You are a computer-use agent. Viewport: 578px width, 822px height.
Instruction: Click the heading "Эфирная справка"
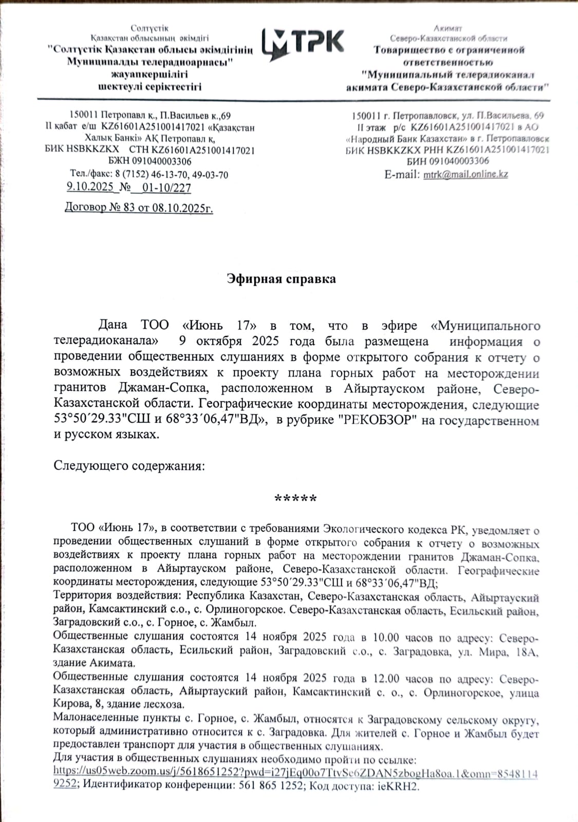click(x=282, y=279)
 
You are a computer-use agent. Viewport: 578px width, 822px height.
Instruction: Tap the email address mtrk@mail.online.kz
click(x=465, y=174)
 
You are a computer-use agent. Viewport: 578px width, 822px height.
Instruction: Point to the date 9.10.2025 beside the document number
click(x=90, y=186)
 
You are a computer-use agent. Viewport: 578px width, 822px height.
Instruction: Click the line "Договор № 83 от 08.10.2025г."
click(x=139, y=208)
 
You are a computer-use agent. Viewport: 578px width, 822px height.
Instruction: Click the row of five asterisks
click(x=295, y=498)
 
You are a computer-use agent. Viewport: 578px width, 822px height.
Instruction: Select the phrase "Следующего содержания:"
click(x=129, y=466)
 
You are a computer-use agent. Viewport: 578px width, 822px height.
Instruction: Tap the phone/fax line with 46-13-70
click(x=149, y=175)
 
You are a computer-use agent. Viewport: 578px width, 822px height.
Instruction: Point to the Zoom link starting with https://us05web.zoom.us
click(x=295, y=773)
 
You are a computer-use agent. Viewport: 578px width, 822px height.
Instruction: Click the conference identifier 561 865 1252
click(x=271, y=786)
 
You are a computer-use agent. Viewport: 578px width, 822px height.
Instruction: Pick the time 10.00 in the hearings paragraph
click(x=385, y=637)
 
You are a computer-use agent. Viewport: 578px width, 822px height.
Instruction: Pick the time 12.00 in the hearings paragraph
click(x=385, y=679)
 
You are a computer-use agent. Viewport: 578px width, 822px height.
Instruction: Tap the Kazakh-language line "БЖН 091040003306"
click(x=150, y=162)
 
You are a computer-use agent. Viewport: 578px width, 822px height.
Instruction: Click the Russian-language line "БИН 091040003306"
click(x=448, y=161)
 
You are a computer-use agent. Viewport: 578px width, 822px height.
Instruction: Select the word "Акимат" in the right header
click(x=448, y=28)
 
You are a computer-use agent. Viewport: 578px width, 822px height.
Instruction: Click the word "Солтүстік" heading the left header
click(x=150, y=28)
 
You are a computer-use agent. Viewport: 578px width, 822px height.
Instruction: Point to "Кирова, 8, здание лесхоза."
click(x=119, y=704)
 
